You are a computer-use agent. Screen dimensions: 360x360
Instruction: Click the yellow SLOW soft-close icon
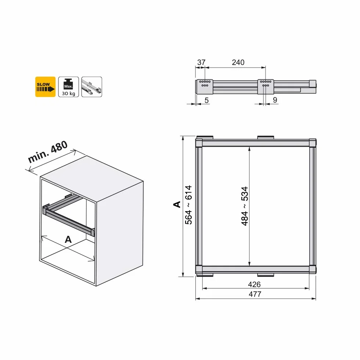45,87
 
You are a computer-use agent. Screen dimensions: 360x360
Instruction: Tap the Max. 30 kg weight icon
68,87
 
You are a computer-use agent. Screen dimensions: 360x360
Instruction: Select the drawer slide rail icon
91,87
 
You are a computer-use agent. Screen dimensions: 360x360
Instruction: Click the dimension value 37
201,62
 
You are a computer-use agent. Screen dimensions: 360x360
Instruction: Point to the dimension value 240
238,62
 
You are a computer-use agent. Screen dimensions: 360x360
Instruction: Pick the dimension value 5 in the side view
206,100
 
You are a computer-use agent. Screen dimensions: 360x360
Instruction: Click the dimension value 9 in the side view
275,100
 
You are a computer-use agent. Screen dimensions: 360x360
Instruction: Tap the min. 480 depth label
48,152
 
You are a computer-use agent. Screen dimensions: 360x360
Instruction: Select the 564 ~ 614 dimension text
188,205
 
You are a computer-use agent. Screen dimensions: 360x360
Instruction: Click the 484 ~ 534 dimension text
245,206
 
